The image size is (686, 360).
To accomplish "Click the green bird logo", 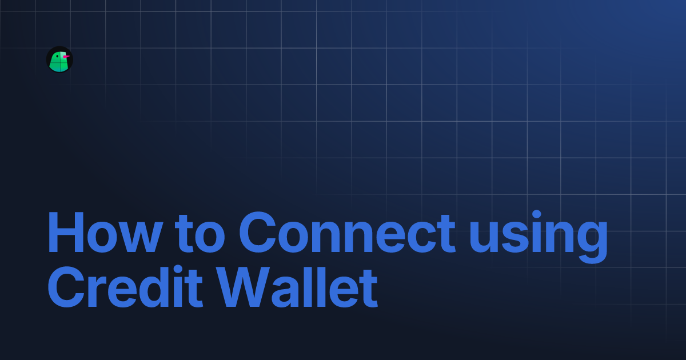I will point(59,60).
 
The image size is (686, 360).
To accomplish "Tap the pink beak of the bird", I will point(66,57).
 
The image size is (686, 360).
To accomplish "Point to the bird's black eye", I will point(58,56).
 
